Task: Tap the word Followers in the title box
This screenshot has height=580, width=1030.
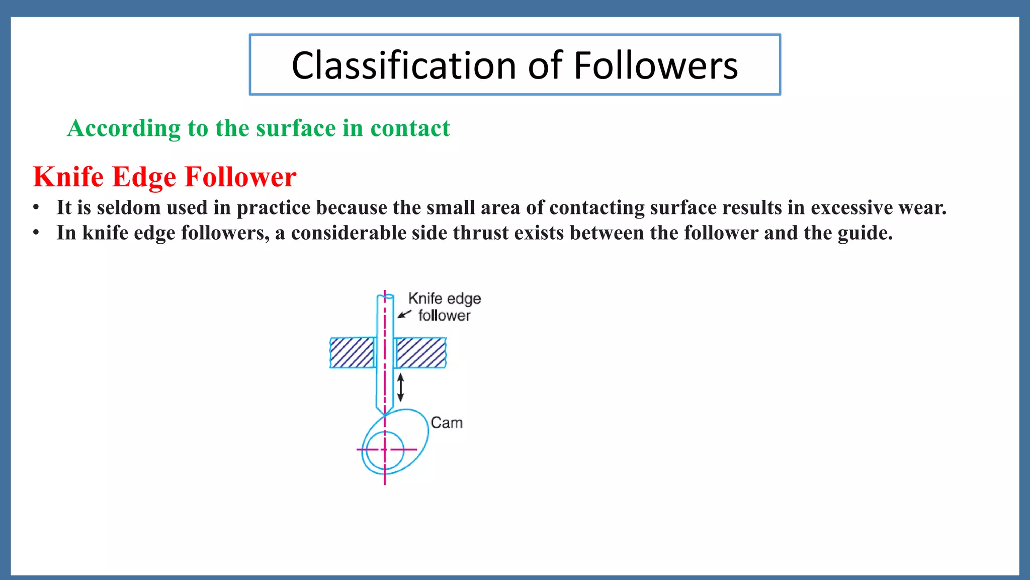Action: point(655,66)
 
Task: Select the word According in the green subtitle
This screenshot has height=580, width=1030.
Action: point(124,128)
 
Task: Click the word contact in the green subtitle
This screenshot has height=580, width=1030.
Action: point(410,128)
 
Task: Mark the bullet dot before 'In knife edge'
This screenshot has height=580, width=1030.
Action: point(36,233)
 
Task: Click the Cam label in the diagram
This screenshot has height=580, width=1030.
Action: point(447,423)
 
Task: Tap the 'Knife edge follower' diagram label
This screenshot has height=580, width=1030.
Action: point(444,307)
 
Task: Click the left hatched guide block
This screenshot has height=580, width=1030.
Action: point(352,353)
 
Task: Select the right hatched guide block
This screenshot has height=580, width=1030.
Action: point(420,353)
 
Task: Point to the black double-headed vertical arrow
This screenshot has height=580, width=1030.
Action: point(400,387)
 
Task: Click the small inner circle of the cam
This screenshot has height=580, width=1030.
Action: point(385,450)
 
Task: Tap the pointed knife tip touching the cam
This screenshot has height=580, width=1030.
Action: point(385,414)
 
